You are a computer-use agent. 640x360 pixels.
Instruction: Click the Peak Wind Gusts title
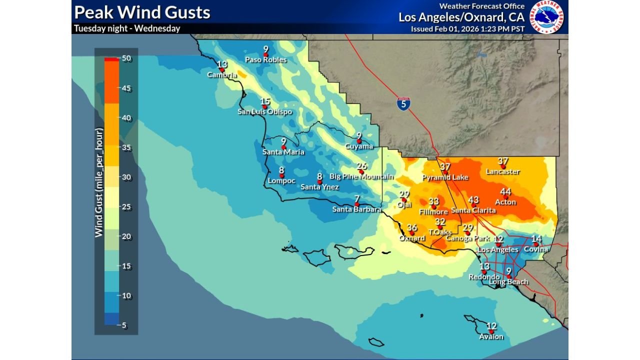142,12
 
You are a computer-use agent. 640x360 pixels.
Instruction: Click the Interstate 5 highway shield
404,103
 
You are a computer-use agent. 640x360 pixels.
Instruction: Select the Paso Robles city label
265,60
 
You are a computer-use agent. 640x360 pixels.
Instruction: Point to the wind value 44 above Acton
505,192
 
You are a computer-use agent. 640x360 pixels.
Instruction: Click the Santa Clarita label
473,210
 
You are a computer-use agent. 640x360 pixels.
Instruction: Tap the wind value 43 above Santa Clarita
473,200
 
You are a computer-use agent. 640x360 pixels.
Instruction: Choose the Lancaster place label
503,171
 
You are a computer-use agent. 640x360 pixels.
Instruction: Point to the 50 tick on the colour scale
126,58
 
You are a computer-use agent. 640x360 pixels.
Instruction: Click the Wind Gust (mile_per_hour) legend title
99,183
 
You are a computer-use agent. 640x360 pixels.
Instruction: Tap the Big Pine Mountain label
361,176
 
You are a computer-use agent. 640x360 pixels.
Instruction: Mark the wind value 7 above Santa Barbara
356,199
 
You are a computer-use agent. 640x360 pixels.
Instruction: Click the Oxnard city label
412,238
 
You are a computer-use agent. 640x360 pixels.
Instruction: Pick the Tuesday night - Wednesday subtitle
127,28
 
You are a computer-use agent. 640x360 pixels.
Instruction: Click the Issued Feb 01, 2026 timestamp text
467,29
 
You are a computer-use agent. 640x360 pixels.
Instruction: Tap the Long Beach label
508,282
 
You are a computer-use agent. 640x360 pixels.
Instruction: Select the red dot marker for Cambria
222,70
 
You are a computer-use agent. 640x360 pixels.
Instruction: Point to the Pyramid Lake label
445,177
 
